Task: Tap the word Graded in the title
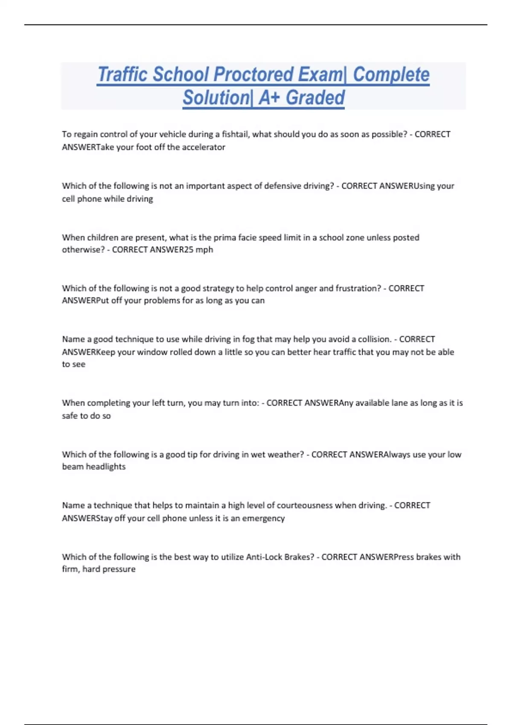point(315,98)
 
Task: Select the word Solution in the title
point(216,98)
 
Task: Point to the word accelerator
point(204,147)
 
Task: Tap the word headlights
point(106,467)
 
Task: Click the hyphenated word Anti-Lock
point(264,557)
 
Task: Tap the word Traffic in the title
point(123,75)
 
